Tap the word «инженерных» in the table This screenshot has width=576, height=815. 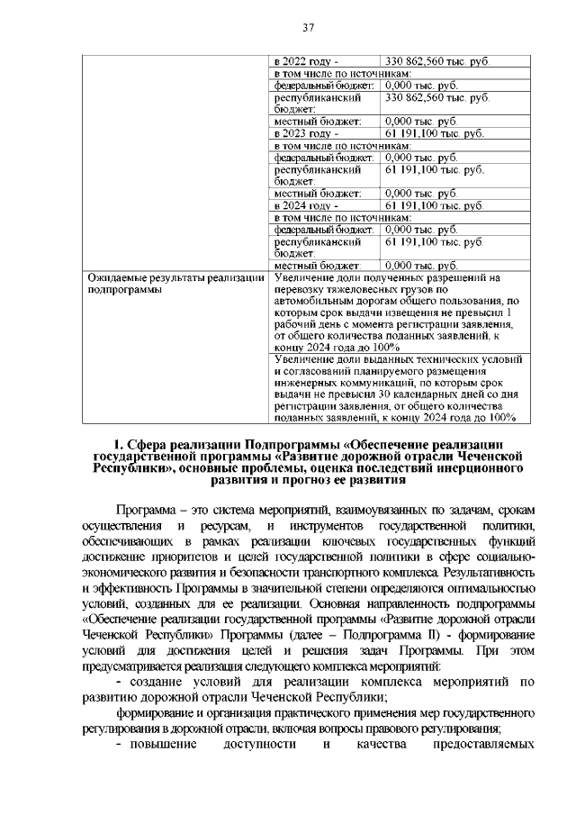tap(304, 394)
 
